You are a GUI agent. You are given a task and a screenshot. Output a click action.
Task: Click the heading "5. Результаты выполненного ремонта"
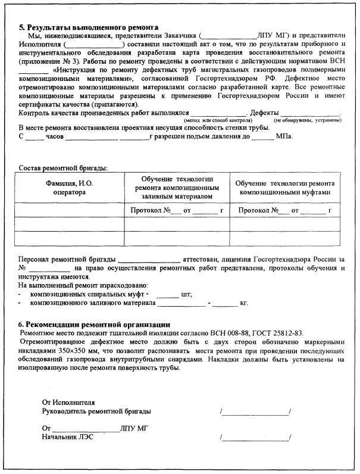click(89, 27)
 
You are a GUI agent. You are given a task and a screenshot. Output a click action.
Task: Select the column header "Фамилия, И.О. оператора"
click(69, 188)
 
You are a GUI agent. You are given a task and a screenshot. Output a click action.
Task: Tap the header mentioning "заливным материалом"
click(177, 188)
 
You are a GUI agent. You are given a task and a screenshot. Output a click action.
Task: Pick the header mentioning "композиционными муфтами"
click(284, 188)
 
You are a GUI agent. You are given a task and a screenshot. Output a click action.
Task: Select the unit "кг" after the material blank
click(243, 303)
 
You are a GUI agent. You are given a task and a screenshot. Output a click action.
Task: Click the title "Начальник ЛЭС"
click(67, 437)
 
